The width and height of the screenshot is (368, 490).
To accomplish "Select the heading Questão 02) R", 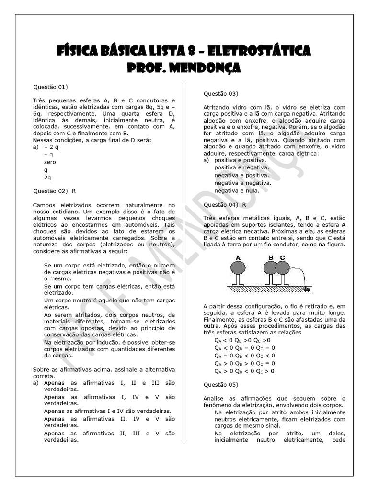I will point(54,191).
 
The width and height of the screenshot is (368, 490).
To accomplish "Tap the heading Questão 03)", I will point(221,93).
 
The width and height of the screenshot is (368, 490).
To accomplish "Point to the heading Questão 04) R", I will point(225,204).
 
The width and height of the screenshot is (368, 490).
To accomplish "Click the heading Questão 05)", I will point(221,384).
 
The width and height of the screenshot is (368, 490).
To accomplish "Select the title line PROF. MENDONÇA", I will point(184,67).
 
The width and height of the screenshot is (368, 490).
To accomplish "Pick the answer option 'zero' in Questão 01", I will point(50,162).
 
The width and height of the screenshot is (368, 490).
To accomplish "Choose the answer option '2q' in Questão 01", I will point(47,177).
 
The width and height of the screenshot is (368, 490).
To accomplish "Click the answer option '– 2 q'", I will point(51,147).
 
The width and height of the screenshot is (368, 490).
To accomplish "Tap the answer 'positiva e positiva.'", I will point(241,160).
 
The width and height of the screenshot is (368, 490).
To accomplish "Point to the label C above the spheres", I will point(283,257).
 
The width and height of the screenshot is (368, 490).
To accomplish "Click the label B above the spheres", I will point(271,257).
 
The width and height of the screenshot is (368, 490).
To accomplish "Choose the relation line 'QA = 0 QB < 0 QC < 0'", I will point(244,356).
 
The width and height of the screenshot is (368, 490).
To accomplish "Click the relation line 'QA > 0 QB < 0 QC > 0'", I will point(244,371).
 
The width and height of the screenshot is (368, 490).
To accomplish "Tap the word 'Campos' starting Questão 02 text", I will point(45,205).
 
